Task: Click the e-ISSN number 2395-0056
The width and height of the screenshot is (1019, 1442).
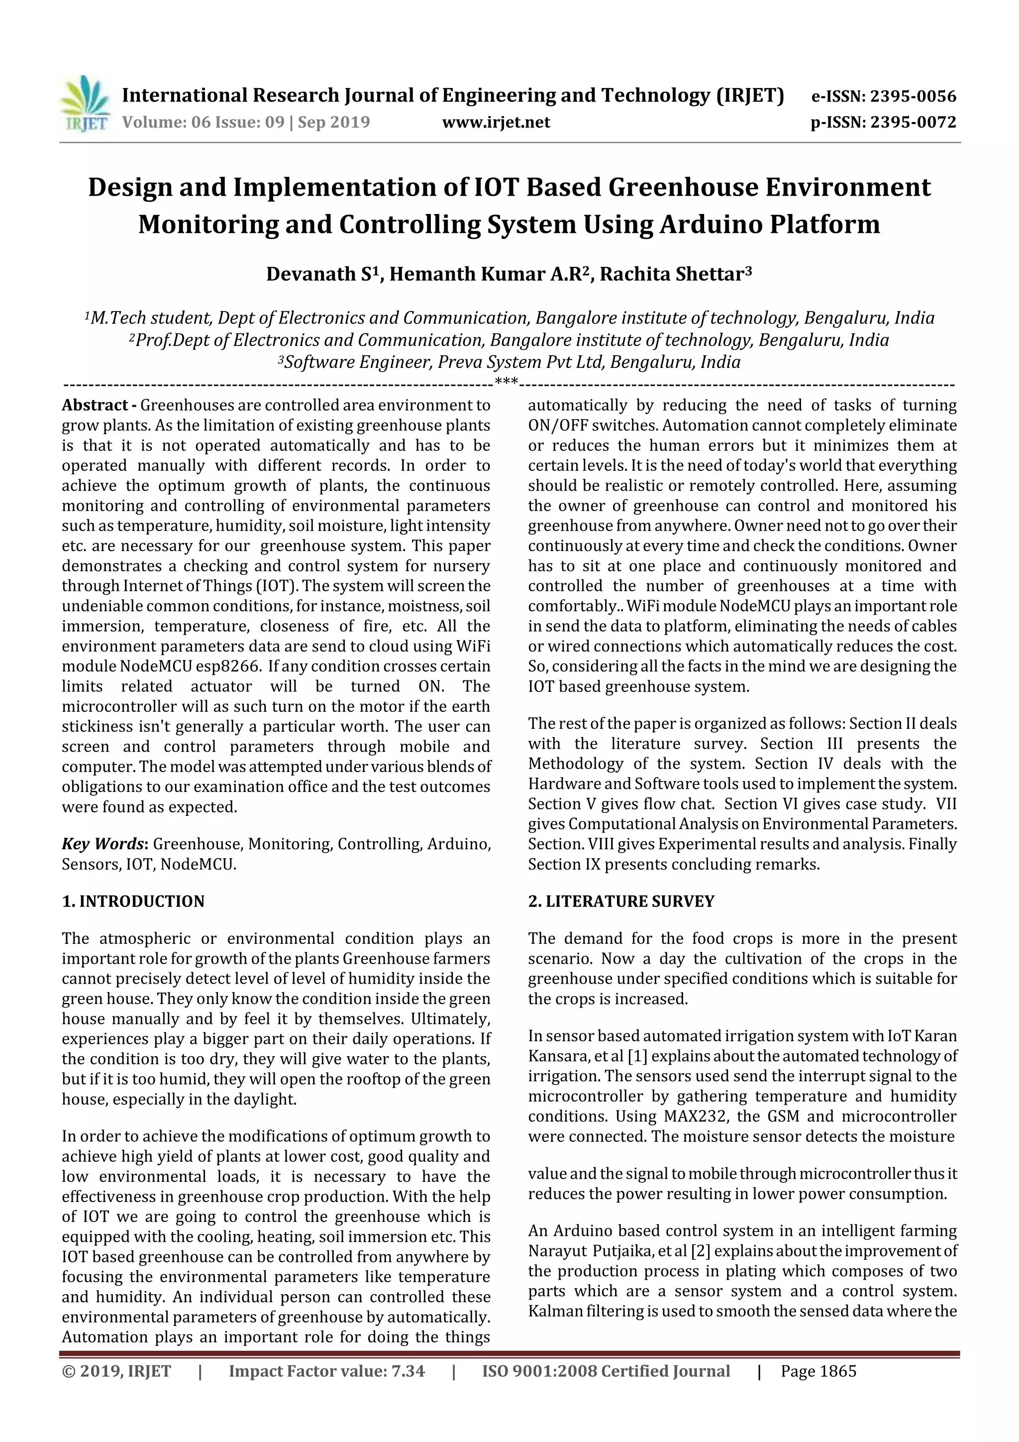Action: (913, 96)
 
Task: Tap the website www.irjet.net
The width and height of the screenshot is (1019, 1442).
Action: (496, 122)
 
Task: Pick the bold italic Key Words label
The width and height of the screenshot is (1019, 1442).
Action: (104, 844)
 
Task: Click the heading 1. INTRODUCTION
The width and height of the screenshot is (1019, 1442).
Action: (133, 901)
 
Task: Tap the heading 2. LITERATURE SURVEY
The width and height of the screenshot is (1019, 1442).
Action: (621, 901)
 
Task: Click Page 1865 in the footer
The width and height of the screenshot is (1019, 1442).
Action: (818, 1371)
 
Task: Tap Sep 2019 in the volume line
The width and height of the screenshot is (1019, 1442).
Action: (334, 122)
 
